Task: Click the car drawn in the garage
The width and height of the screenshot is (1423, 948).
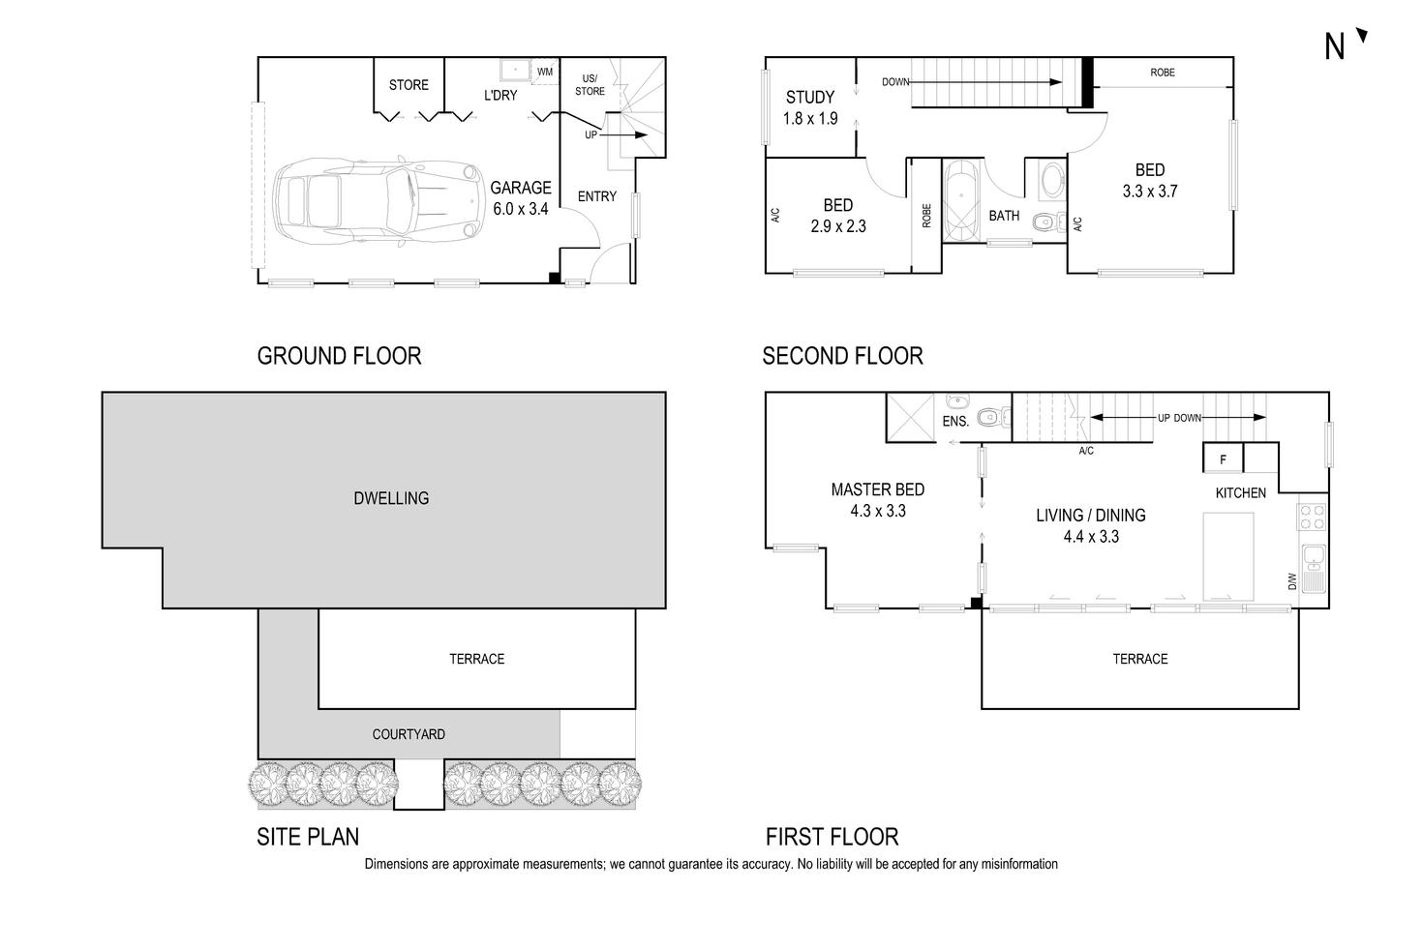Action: [x=378, y=202]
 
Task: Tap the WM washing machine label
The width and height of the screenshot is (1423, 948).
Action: [x=545, y=72]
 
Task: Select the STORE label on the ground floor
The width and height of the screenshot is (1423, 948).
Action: [x=409, y=85]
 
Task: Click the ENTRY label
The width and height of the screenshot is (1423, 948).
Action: [x=596, y=196]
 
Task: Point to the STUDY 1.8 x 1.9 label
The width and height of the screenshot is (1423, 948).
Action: [x=810, y=107]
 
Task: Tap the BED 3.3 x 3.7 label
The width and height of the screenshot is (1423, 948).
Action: [x=1150, y=181]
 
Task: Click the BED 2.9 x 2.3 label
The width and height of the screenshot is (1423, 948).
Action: [x=838, y=216]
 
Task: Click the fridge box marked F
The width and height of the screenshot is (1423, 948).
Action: [x=1223, y=459]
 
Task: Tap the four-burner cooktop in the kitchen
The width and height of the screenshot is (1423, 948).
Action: [x=1313, y=518]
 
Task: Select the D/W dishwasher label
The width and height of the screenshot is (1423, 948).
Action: [x=1291, y=581]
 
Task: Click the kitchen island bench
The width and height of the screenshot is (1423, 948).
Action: [x=1228, y=556]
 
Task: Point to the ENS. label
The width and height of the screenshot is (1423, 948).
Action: [x=955, y=422]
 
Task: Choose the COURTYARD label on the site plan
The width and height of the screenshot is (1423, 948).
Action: [x=409, y=734]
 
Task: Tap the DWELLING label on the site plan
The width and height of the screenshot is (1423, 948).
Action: [x=391, y=498]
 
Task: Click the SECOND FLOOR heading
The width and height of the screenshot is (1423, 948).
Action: [x=842, y=356]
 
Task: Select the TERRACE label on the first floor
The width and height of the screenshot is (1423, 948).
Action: [x=1139, y=659]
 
